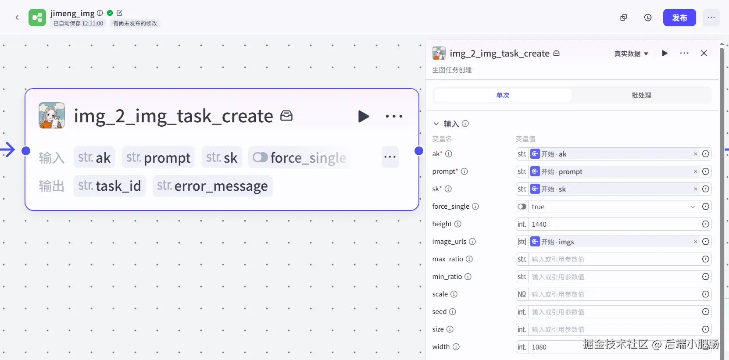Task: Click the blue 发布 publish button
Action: tap(679, 18)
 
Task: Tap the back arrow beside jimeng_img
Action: tap(17, 18)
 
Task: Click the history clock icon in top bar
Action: tap(648, 18)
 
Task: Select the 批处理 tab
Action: tap(641, 95)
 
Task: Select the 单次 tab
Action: tap(503, 95)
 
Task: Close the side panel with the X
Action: tap(704, 53)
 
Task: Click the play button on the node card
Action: tap(364, 117)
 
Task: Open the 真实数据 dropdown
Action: tap(631, 53)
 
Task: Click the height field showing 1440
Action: tap(614, 224)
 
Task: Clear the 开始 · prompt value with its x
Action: tap(696, 171)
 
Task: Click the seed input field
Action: tap(614, 312)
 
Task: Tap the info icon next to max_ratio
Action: tap(469, 259)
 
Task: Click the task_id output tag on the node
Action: tap(110, 186)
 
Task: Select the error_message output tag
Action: tap(213, 186)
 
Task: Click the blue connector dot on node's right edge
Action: tap(419, 151)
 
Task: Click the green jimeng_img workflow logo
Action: tap(37, 18)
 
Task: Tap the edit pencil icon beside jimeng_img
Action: tap(119, 13)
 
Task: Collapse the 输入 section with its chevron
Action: tap(436, 124)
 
